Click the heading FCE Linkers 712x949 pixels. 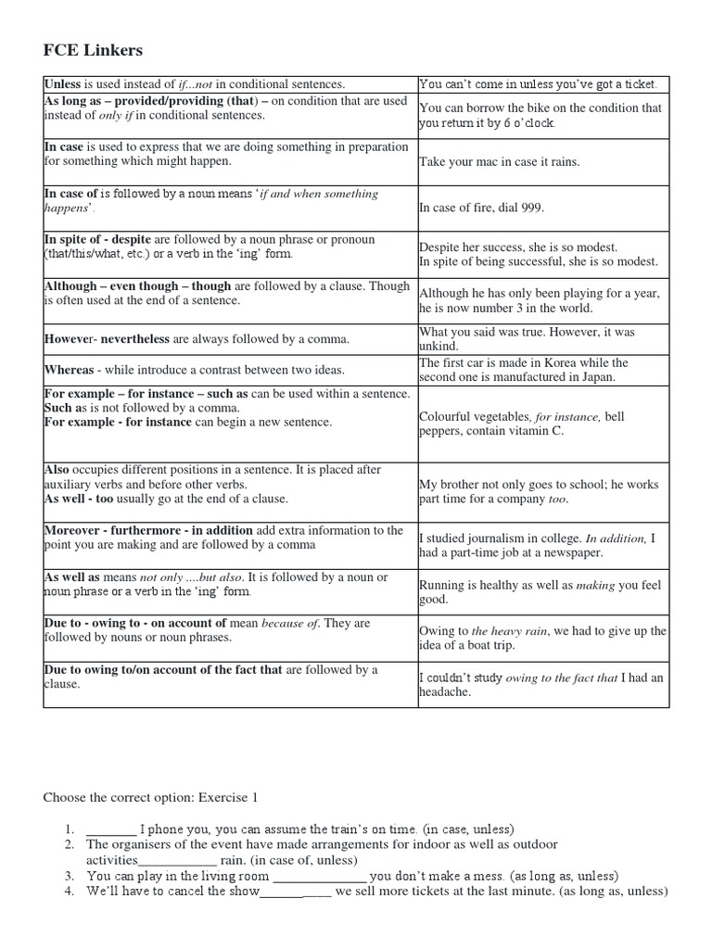tap(93, 50)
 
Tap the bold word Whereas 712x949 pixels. tap(69, 370)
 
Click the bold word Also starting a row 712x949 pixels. tap(57, 470)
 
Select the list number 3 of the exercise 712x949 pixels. tap(70, 876)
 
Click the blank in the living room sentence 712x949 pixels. tap(320, 876)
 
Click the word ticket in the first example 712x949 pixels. tap(639, 84)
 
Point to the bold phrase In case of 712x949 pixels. tap(70, 194)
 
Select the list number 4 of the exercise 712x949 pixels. tap(70, 892)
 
